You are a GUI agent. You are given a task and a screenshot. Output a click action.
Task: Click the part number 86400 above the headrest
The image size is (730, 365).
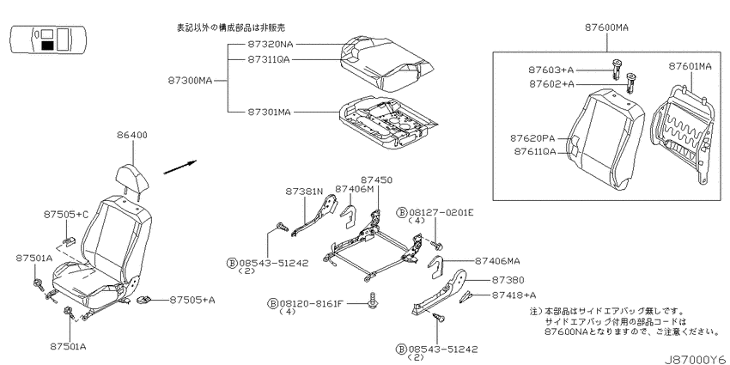click(132, 136)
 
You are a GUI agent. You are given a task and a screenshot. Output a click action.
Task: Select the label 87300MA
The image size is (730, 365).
click(190, 81)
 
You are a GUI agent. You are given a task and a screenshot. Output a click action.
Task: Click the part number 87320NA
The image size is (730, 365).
click(270, 45)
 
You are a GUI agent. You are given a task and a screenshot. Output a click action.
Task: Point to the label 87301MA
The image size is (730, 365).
click(269, 113)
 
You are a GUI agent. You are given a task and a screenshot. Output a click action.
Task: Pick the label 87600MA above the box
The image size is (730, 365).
click(606, 27)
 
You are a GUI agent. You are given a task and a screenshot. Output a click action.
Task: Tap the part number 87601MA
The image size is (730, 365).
click(690, 67)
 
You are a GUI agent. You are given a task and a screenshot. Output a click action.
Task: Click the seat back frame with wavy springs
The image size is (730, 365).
click(682, 135)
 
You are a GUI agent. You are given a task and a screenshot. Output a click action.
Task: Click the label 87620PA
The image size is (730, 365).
click(532, 138)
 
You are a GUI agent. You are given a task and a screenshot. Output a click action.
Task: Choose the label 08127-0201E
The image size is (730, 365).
click(441, 213)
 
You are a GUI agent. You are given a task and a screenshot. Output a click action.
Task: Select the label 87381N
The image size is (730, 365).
click(304, 192)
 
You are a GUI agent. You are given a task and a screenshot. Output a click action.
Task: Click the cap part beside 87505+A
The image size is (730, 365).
click(144, 301)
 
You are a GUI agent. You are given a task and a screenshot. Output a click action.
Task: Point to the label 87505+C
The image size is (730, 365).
click(66, 215)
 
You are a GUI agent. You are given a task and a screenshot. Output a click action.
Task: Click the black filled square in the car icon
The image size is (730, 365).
click(47, 46)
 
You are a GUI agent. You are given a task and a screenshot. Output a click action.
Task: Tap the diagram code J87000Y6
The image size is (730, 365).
click(697, 360)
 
